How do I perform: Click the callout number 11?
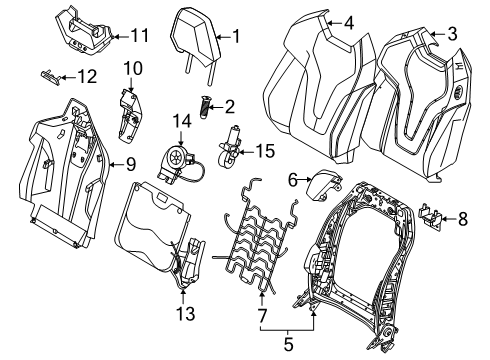point(139,36)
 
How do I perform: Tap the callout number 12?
point(87,77)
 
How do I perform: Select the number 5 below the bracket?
point(288,344)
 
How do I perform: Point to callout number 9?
point(131,164)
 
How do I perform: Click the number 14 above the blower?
point(182,121)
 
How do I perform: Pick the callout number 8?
point(463,219)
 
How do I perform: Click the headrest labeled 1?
point(196,45)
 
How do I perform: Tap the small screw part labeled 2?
point(204,106)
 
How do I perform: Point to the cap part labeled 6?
point(323,184)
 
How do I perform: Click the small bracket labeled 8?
point(430,216)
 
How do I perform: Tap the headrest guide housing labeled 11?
point(83,29)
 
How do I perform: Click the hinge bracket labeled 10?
point(130,116)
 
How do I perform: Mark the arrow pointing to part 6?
point(305,180)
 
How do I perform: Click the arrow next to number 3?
point(437,34)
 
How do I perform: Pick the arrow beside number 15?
point(246,152)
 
